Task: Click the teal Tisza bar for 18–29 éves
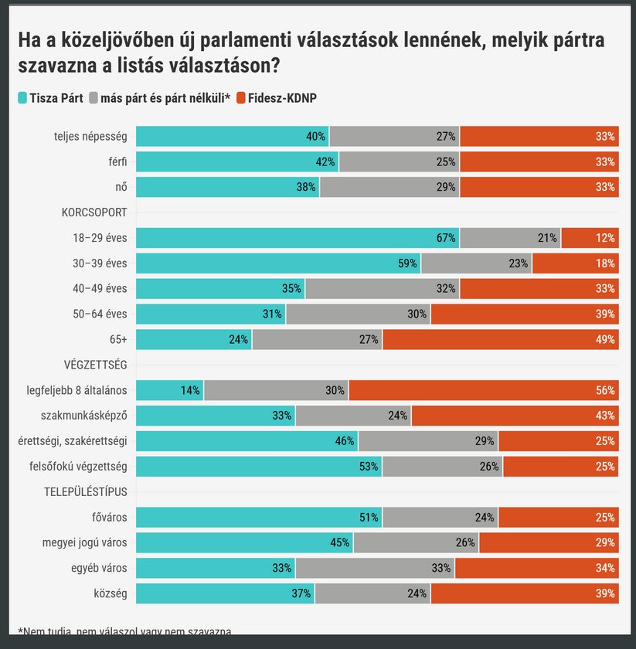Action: [298, 238]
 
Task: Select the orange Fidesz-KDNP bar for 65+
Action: [500, 339]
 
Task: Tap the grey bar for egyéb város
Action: [375, 569]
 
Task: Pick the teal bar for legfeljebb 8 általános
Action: [170, 390]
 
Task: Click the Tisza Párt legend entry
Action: [50, 98]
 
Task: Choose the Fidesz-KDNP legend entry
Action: [276, 98]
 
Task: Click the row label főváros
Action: [109, 517]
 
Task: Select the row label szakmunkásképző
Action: [87, 415]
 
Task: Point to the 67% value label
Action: [446, 238]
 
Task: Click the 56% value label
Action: [605, 390]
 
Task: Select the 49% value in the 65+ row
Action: [605, 339]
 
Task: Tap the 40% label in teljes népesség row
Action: [315, 137]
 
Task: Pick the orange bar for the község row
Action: [525, 593]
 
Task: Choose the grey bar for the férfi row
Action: [399, 161]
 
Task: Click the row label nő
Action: [121, 187]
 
